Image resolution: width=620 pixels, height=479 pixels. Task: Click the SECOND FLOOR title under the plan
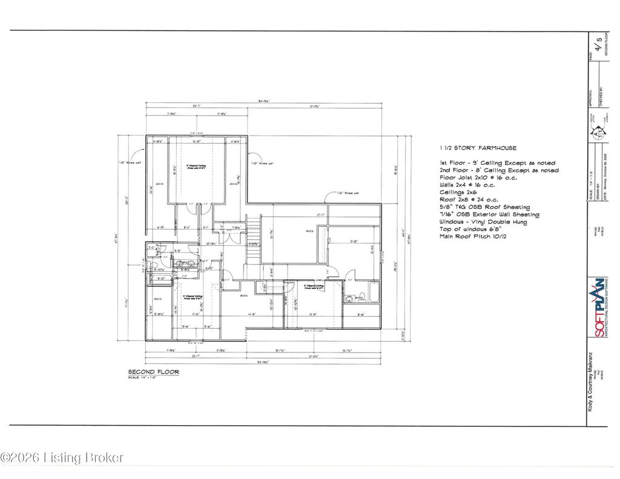(153, 372)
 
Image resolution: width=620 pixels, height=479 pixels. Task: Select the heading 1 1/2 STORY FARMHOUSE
(478, 148)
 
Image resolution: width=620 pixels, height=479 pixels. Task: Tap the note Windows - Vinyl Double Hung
(483, 222)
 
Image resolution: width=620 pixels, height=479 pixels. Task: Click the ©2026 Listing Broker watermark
(62, 458)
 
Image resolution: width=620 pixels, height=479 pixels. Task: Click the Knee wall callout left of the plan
(130, 163)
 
